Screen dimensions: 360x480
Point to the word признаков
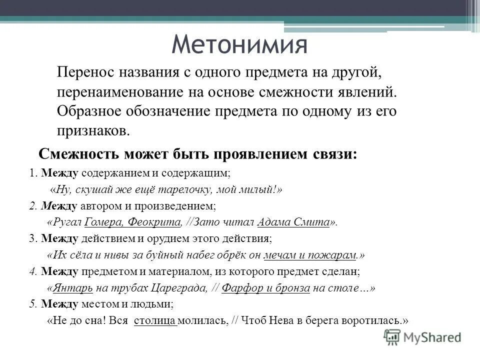tap(92, 131)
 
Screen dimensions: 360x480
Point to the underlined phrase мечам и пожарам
tap(310, 254)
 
